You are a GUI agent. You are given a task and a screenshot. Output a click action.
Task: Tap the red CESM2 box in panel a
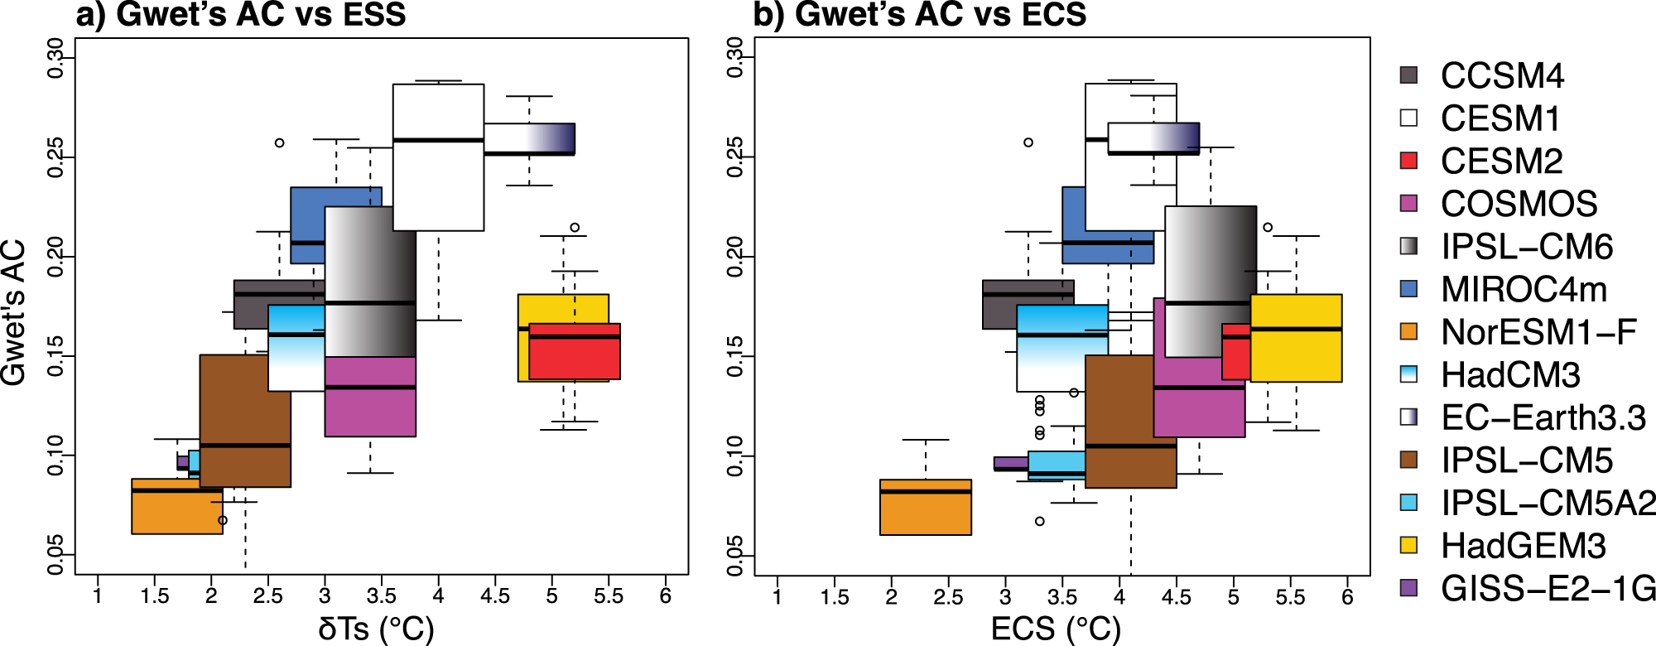(x=574, y=358)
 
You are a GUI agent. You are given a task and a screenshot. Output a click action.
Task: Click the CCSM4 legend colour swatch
(x=1408, y=75)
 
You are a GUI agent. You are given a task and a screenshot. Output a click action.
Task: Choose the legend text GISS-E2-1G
(x=1548, y=589)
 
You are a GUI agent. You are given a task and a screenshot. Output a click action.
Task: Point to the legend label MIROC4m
(x=1524, y=290)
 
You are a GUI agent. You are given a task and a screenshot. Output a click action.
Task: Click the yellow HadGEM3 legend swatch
(x=1408, y=546)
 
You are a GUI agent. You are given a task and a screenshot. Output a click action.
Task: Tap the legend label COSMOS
(x=1519, y=204)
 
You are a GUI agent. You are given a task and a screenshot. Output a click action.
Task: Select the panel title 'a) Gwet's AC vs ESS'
(x=241, y=15)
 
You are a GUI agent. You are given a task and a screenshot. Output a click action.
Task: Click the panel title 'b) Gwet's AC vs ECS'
(x=919, y=15)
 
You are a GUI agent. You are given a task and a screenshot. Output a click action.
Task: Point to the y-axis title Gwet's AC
(x=15, y=312)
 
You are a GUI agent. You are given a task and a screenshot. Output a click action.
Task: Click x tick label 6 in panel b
(x=1347, y=596)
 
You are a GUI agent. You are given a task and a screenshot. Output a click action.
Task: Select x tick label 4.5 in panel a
(x=495, y=596)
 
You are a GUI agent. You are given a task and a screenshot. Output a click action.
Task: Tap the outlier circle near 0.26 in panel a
(x=280, y=142)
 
